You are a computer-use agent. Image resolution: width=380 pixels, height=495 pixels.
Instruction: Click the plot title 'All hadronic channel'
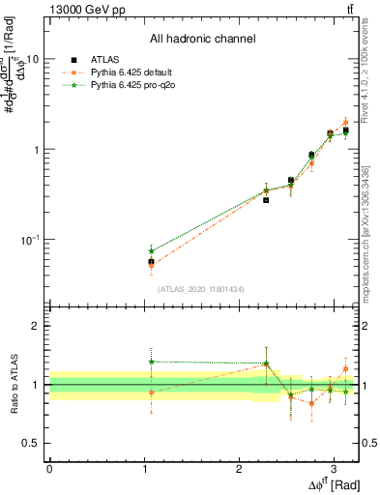coord(202,40)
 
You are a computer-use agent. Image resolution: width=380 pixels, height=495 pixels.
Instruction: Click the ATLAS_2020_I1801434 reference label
coord(202,289)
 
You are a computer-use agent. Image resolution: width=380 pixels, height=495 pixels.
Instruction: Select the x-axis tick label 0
coord(49,467)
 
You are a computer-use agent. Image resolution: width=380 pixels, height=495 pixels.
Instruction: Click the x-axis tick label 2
coord(239,467)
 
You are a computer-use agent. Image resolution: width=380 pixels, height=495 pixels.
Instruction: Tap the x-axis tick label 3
coord(334,467)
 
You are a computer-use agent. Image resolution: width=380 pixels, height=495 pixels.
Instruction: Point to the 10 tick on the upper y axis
coord(32,59)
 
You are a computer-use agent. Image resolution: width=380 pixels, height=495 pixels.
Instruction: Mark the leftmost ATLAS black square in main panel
coord(151,262)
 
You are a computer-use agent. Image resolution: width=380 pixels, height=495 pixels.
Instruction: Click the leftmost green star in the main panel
coord(151,250)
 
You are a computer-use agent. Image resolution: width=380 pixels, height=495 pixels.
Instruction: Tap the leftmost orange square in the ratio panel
coord(151,393)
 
